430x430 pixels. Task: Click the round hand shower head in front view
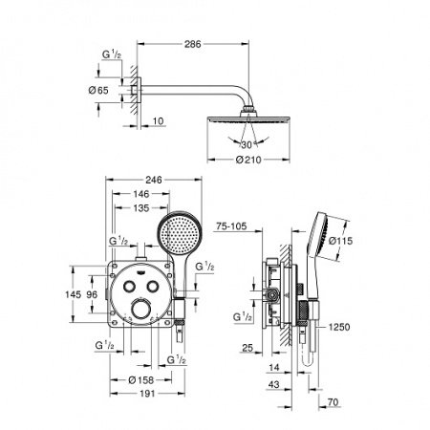click(x=176, y=233)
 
